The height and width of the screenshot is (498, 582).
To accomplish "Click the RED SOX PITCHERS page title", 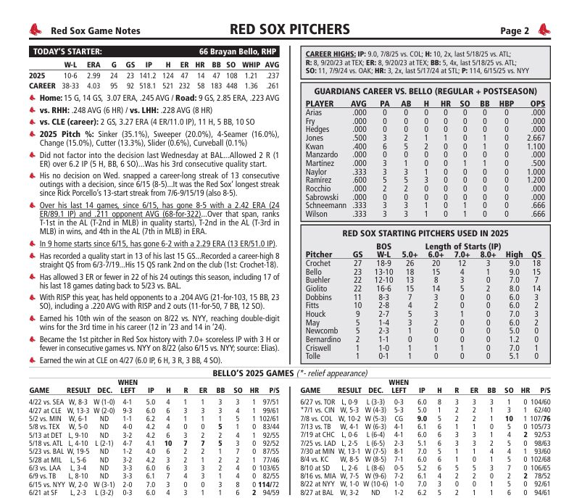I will pos(290,29).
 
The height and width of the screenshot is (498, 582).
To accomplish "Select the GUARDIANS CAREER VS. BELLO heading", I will pos(430,92).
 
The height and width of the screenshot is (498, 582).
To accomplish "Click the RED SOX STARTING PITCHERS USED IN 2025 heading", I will pos(430,233).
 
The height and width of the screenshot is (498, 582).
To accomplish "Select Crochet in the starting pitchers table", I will pos(319,264).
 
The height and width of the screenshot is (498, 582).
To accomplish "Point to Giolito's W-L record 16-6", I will pos(384,288).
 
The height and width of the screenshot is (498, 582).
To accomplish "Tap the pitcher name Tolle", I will pos(312,356).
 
